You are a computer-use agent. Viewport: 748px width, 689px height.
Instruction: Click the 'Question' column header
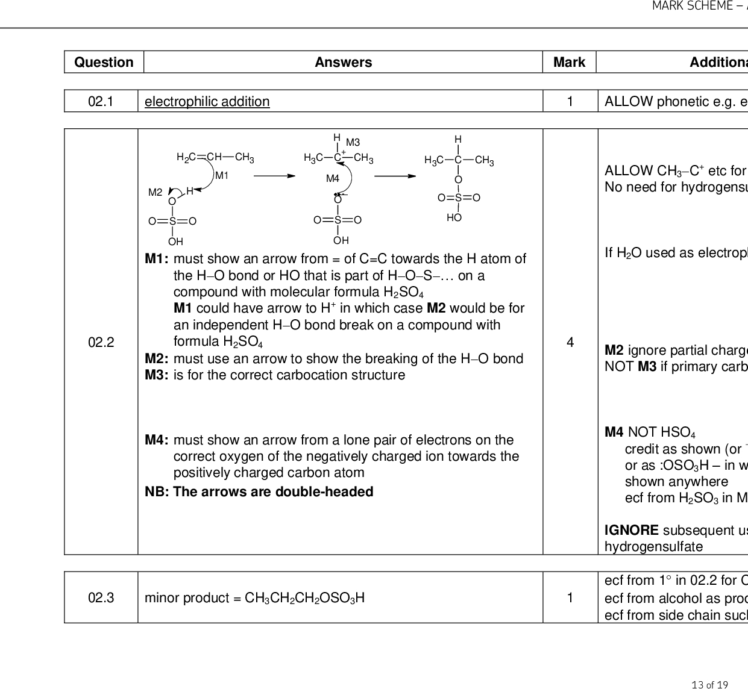tap(104, 62)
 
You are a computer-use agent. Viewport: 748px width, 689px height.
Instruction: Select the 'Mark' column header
tap(569, 62)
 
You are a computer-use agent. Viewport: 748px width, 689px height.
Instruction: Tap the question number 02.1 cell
tap(101, 101)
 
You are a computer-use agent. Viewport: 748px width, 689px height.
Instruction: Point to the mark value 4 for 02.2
tap(570, 342)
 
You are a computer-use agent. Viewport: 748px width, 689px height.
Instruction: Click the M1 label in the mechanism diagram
tap(222, 175)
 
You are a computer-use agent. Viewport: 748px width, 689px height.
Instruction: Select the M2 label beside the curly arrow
tap(156, 192)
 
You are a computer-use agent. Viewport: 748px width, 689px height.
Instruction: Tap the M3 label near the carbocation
tap(353, 142)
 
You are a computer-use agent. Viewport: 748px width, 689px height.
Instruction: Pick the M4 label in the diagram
tap(333, 178)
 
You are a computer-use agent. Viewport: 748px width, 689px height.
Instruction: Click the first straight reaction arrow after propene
tap(274, 176)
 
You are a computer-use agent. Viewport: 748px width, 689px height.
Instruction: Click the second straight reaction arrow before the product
tap(395, 176)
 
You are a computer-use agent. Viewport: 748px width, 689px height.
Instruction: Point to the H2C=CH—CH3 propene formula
tap(215, 157)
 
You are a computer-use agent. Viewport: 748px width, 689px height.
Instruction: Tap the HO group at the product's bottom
tap(454, 217)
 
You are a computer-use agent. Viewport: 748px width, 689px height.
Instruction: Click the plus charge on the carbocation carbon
tap(344, 152)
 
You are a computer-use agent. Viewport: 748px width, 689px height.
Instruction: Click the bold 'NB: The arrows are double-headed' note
tap(259, 491)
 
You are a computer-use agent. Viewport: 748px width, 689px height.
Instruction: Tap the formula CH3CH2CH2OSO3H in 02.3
tap(304, 598)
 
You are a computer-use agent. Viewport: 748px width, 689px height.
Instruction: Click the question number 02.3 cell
tap(101, 597)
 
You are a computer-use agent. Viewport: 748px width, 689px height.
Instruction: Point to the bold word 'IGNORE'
tap(631, 530)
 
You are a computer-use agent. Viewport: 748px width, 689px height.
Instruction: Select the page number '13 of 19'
tap(710, 684)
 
